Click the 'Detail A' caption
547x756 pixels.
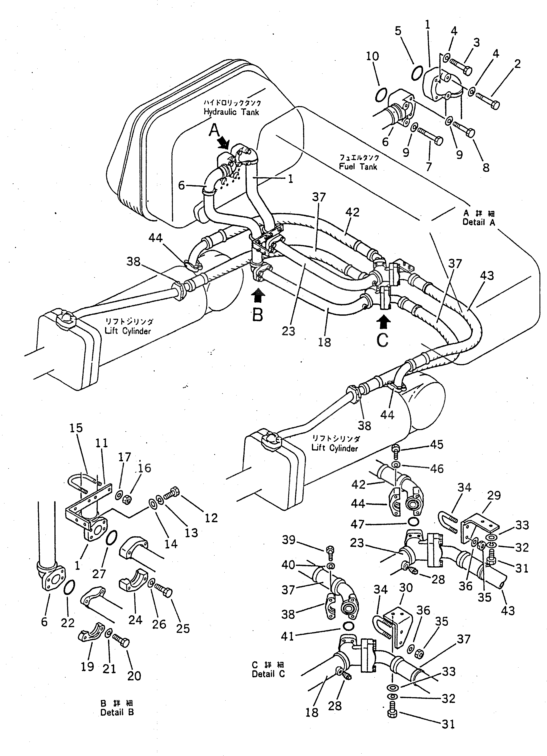pyautogui.click(x=479, y=222)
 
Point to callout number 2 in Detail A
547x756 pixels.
pyautogui.click(x=517, y=64)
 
